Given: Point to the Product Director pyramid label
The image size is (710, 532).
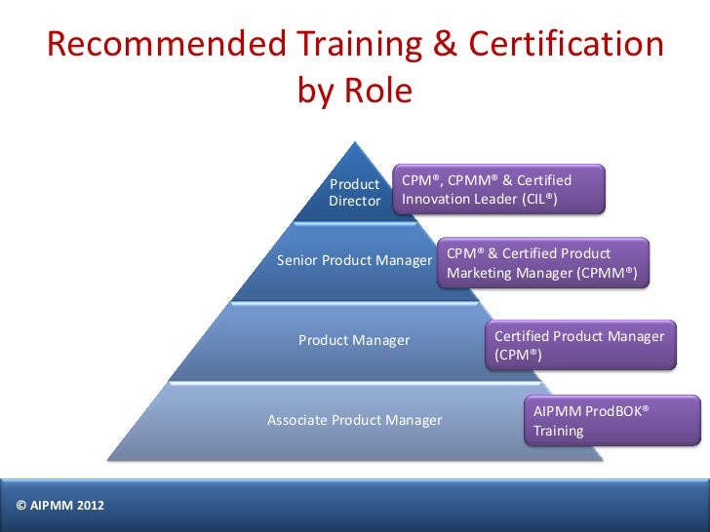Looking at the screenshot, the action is (354, 193).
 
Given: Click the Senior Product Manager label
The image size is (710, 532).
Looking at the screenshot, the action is (354, 261).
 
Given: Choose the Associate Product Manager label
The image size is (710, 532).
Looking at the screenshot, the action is (354, 420).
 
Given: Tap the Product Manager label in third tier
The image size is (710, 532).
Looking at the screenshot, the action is (354, 340).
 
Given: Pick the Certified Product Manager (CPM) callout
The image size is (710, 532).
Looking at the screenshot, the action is (579, 345).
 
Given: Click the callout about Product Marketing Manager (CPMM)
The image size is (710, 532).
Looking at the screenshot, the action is (542, 264).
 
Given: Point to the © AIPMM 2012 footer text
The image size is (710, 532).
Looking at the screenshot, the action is (60, 505).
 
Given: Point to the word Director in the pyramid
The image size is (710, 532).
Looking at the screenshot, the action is (354, 202).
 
